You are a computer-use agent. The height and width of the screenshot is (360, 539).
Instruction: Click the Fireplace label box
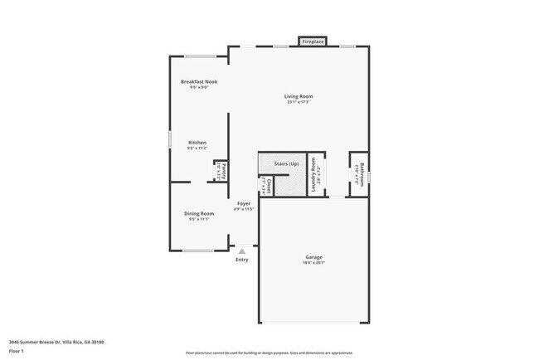313,41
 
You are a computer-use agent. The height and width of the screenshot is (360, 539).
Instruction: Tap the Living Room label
299,96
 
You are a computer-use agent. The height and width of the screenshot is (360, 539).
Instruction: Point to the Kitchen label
197,142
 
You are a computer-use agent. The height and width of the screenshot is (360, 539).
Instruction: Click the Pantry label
222,170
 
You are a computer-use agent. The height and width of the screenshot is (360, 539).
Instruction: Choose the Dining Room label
199,213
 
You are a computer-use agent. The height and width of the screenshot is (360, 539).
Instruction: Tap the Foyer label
244,203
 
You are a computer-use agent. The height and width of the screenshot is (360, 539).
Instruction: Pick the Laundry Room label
314,177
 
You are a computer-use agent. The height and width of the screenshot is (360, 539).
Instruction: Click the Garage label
313,257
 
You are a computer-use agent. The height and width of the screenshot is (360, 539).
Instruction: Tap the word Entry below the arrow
241,260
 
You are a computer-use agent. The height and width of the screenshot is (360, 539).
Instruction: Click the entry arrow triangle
241,251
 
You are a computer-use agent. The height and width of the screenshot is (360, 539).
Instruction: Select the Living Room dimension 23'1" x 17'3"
299,102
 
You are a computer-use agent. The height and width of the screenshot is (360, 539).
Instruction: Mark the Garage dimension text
313,263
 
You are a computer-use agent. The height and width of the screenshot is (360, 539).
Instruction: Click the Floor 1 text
17,350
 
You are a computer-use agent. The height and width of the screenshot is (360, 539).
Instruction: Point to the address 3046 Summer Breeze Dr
41,341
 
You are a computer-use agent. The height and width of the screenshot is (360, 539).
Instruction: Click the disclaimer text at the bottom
269,353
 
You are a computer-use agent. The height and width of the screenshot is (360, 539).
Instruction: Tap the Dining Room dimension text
199,219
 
